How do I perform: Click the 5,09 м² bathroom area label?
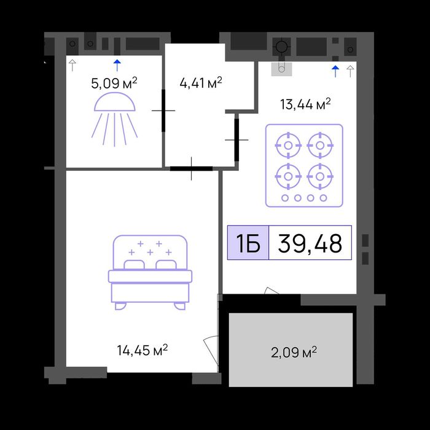coord(114,83)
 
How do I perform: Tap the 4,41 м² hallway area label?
coord(201,82)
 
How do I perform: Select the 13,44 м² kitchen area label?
coord(305,104)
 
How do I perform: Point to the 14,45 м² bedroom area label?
coord(143,350)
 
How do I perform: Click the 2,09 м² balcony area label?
coord(294,353)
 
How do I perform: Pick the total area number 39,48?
coord(310,243)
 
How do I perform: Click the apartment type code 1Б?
coord(248,243)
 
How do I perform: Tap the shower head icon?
coord(115,119)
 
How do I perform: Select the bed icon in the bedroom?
coord(150,273)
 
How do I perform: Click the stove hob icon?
coord(304,165)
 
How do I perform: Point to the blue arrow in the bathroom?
coord(117,65)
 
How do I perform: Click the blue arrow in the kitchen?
coord(335,71)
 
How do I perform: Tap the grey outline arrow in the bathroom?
coord(72,65)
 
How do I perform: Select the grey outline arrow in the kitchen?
coord(350,71)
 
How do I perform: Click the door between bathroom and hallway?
coord(163,111)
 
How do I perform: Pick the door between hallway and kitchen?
coord(237,140)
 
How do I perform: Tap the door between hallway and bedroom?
coord(191,169)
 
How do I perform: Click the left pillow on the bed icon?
coord(134,265)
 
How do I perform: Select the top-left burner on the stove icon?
coord(288,146)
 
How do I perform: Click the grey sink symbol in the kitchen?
coord(281,69)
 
